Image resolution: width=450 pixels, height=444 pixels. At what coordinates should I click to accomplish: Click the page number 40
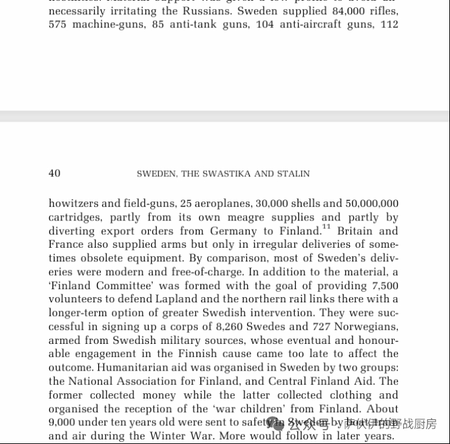point(55,174)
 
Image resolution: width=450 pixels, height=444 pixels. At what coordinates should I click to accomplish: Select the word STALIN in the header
point(295,174)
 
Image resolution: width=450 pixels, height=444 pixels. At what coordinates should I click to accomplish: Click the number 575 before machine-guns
point(57,25)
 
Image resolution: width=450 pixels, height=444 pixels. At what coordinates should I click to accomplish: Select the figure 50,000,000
point(372,203)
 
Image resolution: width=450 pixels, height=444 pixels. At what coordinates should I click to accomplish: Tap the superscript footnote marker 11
point(326,228)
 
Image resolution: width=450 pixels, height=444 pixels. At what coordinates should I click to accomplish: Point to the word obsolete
point(111,258)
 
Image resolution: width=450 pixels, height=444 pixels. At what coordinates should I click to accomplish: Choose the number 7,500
point(385,285)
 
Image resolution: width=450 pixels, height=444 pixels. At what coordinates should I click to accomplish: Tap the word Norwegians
point(367,326)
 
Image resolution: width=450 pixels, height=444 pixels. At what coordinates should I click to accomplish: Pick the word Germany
point(234,231)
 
